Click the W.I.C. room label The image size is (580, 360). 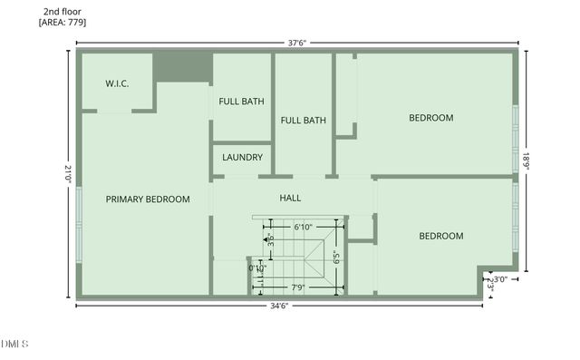117,83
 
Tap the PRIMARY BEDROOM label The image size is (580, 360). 148,199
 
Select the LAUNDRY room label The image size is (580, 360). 242,158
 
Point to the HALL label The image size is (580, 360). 291,198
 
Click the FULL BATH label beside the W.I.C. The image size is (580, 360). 242,101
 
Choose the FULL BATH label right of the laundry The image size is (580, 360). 303,120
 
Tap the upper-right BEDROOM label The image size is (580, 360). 430,118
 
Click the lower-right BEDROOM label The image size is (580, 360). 440,236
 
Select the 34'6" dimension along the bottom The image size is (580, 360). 278,306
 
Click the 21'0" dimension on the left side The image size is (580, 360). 67,174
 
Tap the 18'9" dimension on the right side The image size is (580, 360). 526,160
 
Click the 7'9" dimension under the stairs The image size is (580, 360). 297,288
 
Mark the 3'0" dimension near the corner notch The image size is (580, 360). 497,279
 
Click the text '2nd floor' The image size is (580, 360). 62,11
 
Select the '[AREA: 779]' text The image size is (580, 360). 63,23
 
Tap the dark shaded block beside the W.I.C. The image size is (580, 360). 181,68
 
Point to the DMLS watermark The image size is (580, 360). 15,344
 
